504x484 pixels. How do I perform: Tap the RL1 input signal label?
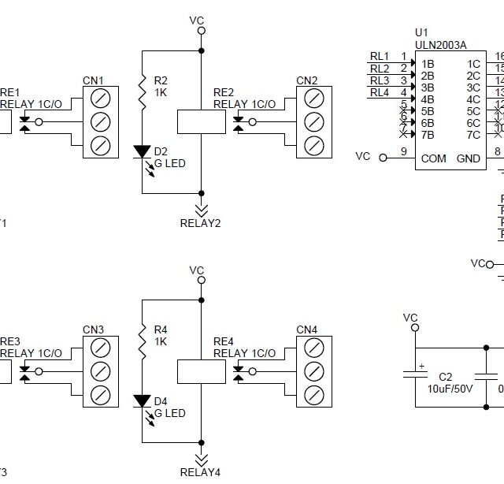point(379,57)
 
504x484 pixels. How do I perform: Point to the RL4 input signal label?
point(379,92)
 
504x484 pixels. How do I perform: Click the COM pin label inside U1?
point(433,158)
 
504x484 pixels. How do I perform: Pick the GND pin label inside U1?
point(469,158)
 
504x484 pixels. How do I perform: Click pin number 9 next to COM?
point(404,152)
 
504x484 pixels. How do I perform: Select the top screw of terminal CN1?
point(100,98)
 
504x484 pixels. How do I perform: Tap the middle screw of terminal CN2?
point(313,121)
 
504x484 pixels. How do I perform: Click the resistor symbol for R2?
point(142,91)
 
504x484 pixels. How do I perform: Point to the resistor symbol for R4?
point(142,341)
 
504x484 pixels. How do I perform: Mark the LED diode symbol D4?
point(142,400)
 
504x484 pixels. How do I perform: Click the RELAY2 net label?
point(200,223)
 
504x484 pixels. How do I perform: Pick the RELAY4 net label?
point(200,472)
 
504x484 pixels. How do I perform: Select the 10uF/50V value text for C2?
point(451,389)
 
